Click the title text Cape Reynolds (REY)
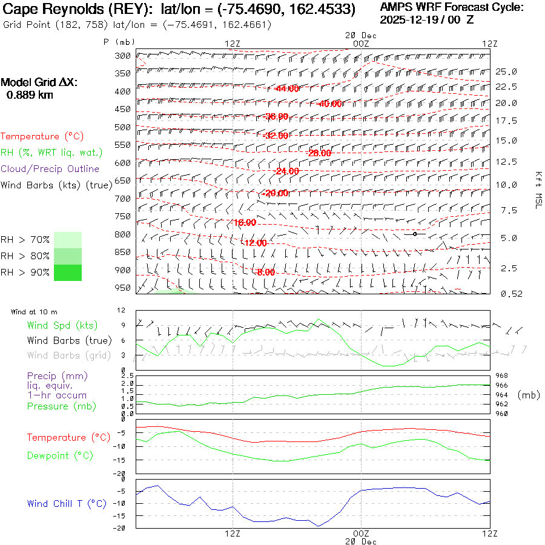pyautogui.click(x=73, y=10)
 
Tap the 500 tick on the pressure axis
pyautogui.click(x=123, y=127)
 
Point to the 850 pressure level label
pyautogui.click(x=123, y=252)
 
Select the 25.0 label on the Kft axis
pyautogui.click(x=506, y=71)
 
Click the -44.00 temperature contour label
pyautogui.click(x=286, y=88)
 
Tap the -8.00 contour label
pyautogui.click(x=265, y=272)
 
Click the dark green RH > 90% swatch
pyautogui.click(x=68, y=272)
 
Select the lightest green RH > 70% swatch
pyautogui.click(x=68, y=240)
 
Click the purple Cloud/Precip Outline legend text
pyautogui.click(x=50, y=169)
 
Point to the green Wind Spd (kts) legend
pyautogui.click(x=62, y=326)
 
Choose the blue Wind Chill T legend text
pyautogui.click(x=67, y=504)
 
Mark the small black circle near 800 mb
pyautogui.click(x=415, y=234)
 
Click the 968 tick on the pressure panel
pyautogui.click(x=502, y=376)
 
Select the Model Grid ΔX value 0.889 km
pyautogui.click(x=30, y=95)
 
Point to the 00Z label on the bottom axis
pyautogui.click(x=361, y=533)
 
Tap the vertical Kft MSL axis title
pyautogui.click(x=537, y=190)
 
